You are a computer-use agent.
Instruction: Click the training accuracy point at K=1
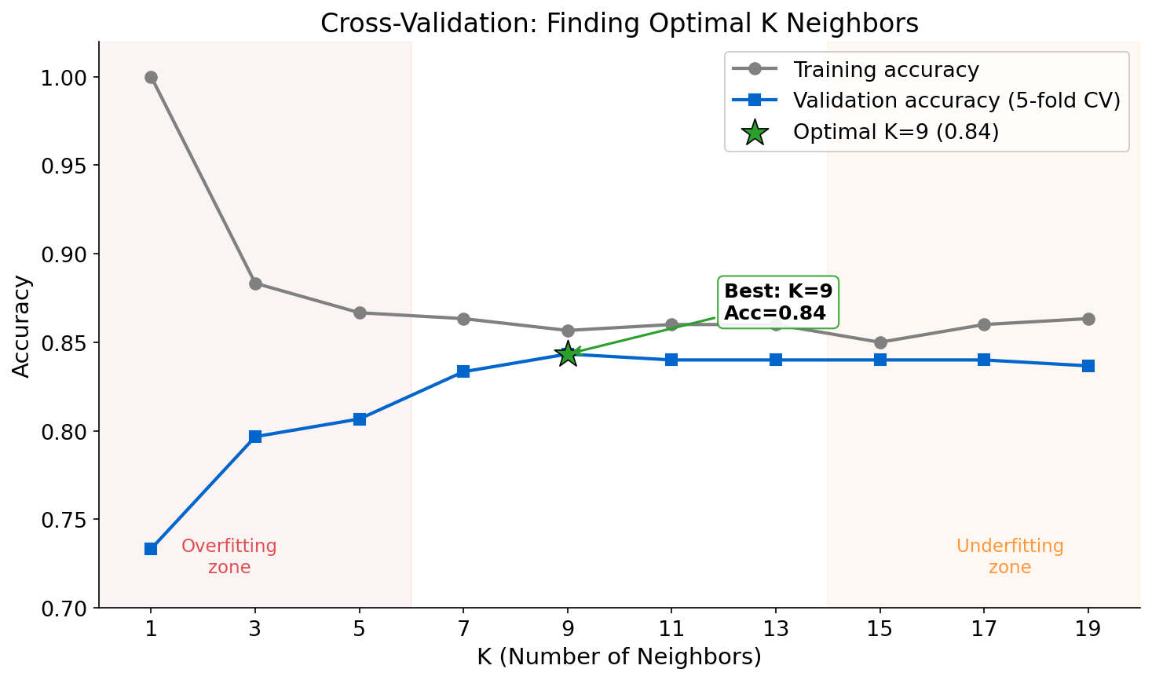151,77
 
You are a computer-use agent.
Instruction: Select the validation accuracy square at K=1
151,549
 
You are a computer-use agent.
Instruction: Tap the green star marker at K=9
567,354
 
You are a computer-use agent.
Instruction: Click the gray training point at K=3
255,283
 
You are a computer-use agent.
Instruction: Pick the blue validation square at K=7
463,371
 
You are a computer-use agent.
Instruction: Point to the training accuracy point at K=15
880,342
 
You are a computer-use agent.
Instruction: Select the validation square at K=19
1088,366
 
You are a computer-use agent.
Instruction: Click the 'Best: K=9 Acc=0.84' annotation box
777,302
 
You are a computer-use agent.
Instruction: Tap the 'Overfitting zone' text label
229,556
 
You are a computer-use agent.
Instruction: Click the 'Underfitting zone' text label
1010,556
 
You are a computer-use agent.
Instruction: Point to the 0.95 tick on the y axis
71,166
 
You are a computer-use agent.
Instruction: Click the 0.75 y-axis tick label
71,520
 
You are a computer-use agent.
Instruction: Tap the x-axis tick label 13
775,629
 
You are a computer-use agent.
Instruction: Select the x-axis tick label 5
359,629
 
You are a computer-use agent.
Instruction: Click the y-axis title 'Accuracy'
22,325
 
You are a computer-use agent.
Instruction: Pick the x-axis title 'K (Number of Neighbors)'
619,656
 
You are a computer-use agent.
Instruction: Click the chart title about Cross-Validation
619,24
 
